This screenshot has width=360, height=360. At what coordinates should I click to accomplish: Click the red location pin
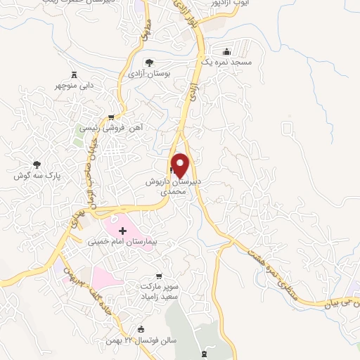181,165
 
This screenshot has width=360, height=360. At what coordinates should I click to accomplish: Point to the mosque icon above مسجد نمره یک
226,51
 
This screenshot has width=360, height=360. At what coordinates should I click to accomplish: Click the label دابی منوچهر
75,86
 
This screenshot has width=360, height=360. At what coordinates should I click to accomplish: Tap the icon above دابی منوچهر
75,75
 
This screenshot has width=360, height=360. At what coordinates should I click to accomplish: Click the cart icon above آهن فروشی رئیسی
111,117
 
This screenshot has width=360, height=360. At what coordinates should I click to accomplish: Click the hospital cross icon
122,230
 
